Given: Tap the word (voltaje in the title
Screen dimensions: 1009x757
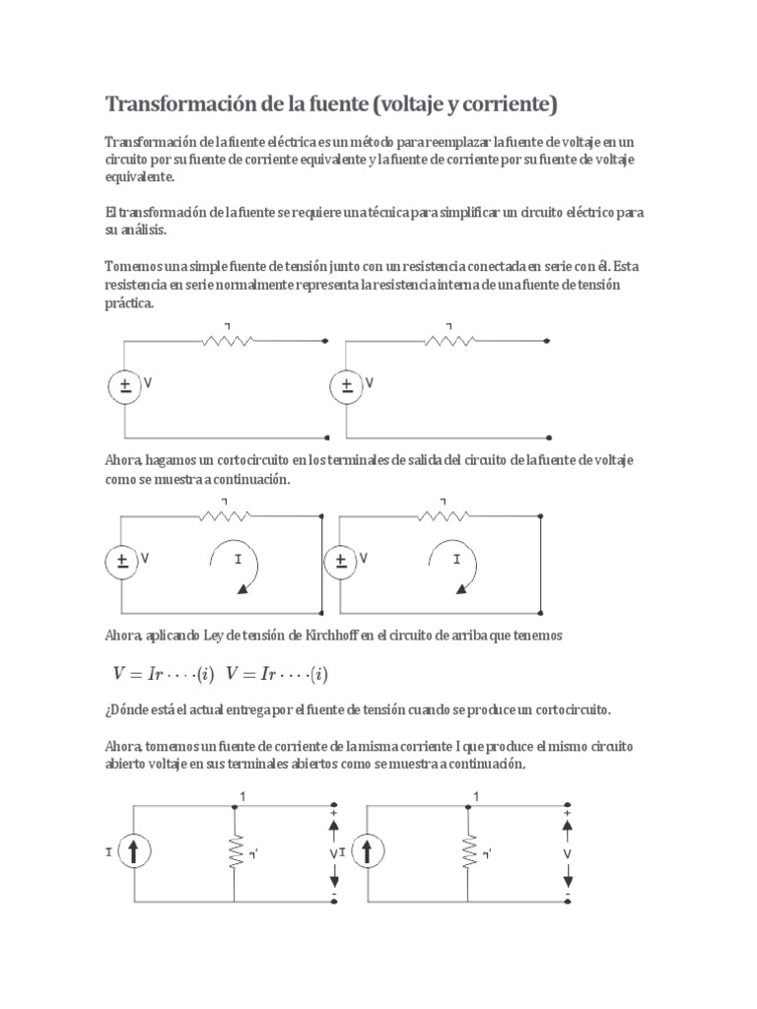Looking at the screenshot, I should (427, 104).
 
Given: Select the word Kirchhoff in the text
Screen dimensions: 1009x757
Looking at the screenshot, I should (321, 637).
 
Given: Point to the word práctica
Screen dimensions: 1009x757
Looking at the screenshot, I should (129, 304).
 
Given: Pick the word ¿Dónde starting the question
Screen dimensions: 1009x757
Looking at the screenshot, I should (127, 708).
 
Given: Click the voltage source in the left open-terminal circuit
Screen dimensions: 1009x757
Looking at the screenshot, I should (125, 386).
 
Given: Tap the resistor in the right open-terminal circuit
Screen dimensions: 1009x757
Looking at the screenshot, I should (451, 340).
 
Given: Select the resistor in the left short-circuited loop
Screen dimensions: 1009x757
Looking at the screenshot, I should (227, 514).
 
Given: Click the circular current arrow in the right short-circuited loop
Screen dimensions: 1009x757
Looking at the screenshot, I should (456, 569).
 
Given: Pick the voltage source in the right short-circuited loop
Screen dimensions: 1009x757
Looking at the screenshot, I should (341, 562).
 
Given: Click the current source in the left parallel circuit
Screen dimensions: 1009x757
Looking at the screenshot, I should (135, 852).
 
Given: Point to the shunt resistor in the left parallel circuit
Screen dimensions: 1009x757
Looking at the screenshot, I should (236, 852).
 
